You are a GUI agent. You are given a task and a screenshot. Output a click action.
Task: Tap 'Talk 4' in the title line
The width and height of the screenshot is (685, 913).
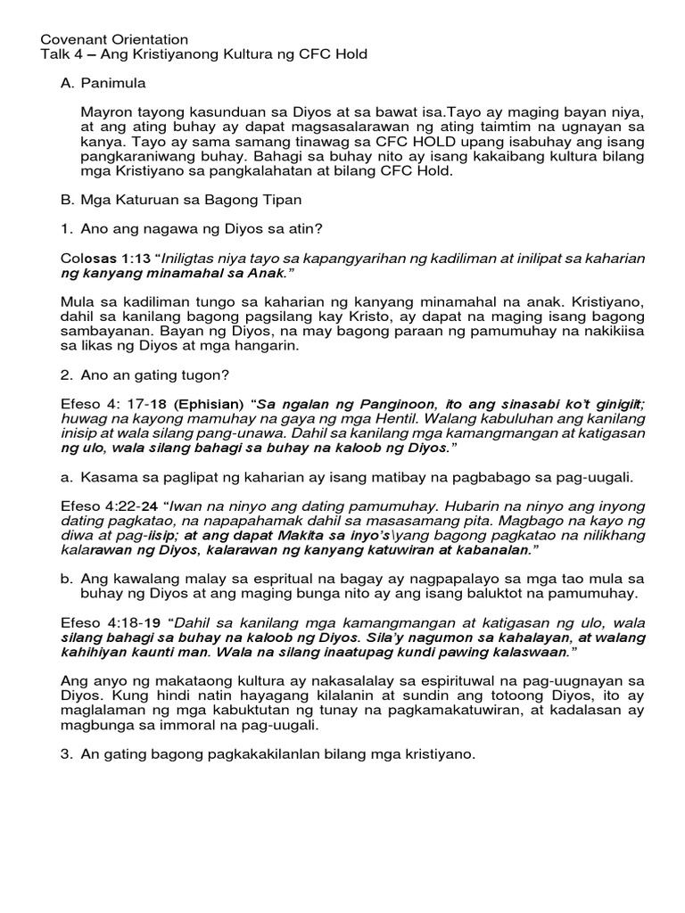62,54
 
